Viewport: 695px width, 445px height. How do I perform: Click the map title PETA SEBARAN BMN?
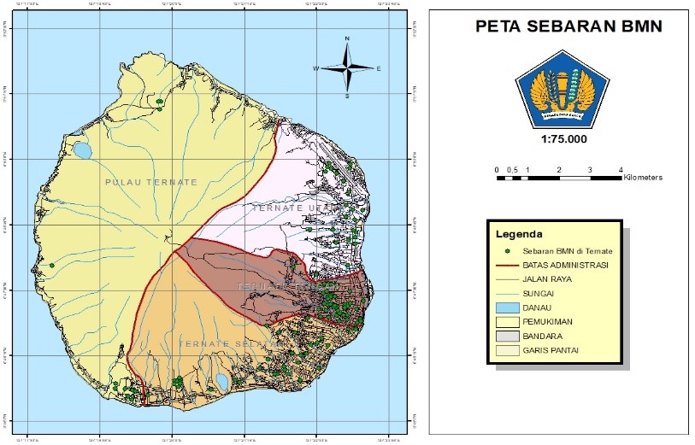568,26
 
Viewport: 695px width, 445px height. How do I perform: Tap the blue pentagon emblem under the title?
562,91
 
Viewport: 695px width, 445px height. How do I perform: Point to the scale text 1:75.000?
563,138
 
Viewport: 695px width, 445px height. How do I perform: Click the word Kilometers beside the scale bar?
643,178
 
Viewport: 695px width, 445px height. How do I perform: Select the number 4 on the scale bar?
621,171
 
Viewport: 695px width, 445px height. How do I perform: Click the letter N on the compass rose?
347,39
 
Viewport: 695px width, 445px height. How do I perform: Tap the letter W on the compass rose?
315,68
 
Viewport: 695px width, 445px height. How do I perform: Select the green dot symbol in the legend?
507,251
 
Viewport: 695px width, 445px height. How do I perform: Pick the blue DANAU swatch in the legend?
509,307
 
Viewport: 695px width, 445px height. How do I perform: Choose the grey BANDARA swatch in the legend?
509,335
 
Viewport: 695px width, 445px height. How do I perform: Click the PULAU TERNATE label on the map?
150,182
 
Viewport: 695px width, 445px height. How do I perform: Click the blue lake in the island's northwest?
82,151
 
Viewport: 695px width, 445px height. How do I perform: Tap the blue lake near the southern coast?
221,381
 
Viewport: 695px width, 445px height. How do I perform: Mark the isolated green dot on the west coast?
51,266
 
